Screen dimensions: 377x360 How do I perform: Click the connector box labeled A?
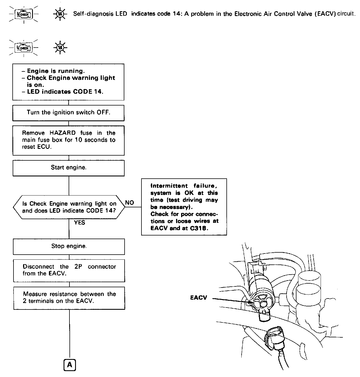pos(69,365)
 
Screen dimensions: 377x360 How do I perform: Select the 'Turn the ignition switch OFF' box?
pos(68,113)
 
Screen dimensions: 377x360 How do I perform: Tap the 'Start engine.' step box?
pos(69,168)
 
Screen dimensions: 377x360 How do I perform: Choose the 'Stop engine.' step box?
pos(69,246)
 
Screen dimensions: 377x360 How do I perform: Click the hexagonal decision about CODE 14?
pos(69,207)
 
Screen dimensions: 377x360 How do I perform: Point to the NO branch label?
pos(129,203)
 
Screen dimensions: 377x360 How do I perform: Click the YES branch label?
pos(80,223)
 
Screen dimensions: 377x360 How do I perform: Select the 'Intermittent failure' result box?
pos(184,207)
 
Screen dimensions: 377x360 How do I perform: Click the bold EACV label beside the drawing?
pos(199,297)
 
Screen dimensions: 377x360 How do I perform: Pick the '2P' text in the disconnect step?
pos(78,266)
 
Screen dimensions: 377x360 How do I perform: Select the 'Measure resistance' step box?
pos(69,298)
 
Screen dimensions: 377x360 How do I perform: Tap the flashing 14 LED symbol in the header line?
pos(60,14)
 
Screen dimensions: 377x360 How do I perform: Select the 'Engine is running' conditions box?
pos(68,82)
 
